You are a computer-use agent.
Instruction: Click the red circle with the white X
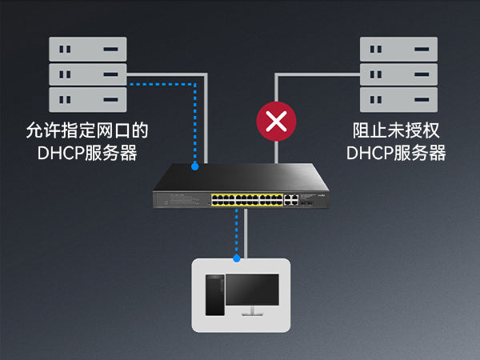pos(276,122)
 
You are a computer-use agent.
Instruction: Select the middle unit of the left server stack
pos(87,74)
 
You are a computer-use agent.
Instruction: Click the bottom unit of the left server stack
pos(87,100)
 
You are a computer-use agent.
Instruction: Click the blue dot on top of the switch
pos(195,166)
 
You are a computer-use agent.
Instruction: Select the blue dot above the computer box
pos(237,258)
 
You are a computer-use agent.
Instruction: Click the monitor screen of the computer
pos(252,291)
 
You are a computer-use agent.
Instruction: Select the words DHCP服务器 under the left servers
pos(87,152)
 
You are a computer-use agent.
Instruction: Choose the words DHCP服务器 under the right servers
pos(397,152)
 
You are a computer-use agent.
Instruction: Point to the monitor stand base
pos(252,314)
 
